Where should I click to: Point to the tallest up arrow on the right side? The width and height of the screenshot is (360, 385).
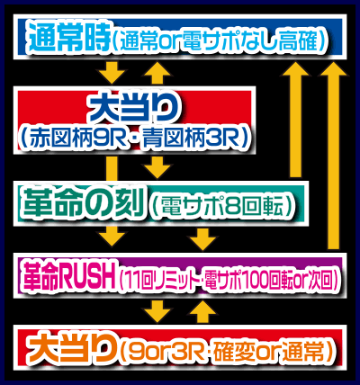(332, 153)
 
